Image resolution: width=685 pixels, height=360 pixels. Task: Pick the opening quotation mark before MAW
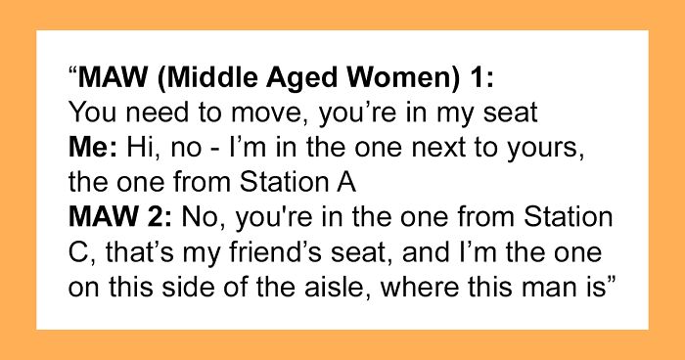tap(73, 72)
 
